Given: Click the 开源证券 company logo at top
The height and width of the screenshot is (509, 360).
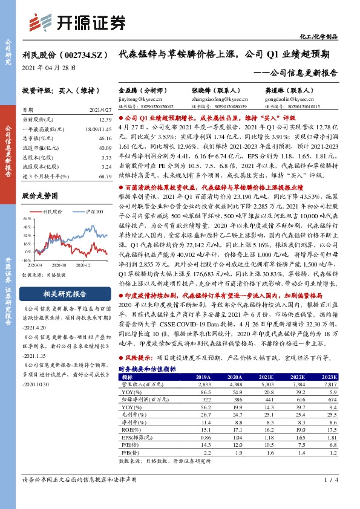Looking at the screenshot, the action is (77, 22).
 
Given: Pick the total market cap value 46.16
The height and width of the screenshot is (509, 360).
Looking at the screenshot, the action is (105, 138).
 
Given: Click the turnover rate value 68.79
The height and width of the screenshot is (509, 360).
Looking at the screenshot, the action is (105, 175).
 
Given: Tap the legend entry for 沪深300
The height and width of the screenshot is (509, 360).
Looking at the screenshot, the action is (91, 212).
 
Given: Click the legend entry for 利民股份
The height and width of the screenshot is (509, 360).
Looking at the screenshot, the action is (56, 212).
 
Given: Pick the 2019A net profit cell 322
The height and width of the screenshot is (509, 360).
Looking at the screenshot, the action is (205, 383).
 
